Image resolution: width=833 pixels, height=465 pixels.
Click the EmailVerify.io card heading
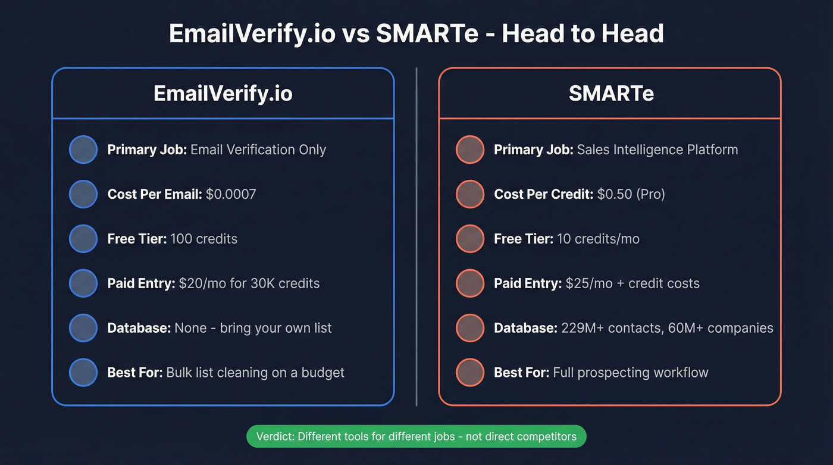[x=223, y=93]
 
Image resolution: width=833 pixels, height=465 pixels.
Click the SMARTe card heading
[x=610, y=93]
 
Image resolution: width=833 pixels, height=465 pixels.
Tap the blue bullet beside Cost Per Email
[x=83, y=194]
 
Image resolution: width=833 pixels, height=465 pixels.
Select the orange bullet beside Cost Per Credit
[x=470, y=194]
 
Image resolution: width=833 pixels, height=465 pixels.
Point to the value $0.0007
[x=231, y=194]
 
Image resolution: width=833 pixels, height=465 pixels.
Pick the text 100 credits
[x=203, y=239]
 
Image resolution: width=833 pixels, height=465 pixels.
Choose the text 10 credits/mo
[x=598, y=239]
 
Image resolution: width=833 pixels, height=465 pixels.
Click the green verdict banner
[x=416, y=436]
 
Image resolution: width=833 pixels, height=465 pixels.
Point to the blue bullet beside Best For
[x=83, y=373]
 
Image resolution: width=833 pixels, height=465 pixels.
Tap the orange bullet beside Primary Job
[x=470, y=149]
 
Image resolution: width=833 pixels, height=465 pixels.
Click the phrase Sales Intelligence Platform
[x=657, y=149]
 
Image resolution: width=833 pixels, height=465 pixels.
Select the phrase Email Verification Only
[x=258, y=149]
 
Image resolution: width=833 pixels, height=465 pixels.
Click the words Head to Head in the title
[x=583, y=34]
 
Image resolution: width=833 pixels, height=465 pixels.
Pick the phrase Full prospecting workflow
[x=631, y=373]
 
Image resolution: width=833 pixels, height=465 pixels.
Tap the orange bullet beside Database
[x=470, y=328]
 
